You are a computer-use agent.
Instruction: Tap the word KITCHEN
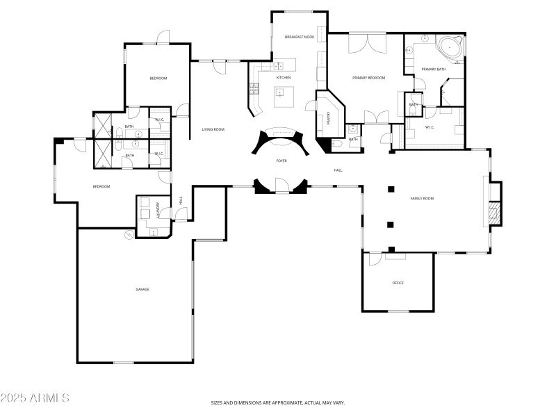tap(284, 78)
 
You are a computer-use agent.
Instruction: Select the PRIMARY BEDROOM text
tap(368, 78)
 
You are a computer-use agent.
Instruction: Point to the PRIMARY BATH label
tap(434, 69)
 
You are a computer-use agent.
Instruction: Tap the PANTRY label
tap(329, 119)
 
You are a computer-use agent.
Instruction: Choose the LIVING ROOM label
tap(213, 129)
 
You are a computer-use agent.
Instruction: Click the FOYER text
tap(281, 161)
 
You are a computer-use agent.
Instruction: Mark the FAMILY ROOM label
tap(421, 199)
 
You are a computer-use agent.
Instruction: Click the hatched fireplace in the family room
tap(494, 213)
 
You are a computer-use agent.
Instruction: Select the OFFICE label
tap(398, 283)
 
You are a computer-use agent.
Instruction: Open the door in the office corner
tap(375, 259)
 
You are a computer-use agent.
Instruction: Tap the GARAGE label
tap(142, 289)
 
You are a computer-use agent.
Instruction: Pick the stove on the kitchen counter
tap(254, 88)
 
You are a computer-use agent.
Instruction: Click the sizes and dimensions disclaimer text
tap(278, 402)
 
